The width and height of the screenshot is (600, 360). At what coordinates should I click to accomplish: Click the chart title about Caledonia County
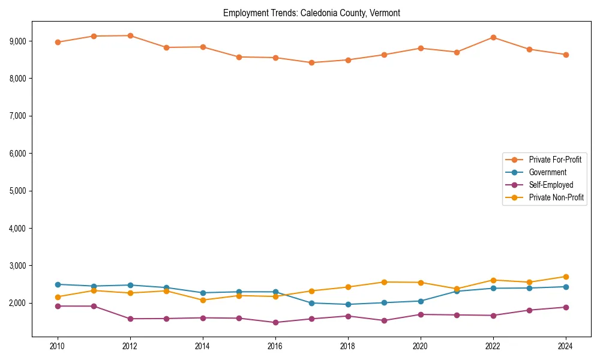(311, 13)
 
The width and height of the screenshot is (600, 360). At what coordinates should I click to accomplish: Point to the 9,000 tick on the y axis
(17, 41)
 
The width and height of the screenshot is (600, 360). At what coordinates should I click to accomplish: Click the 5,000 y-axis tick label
(17, 191)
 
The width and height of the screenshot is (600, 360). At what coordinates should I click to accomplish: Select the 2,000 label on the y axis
(17, 303)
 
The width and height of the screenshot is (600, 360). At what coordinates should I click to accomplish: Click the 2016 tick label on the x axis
(275, 346)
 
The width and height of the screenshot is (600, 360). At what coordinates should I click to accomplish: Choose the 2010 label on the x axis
(58, 346)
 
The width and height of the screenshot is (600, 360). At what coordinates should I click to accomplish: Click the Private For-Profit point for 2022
(493, 37)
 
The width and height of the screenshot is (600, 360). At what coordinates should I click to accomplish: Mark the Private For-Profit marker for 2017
(311, 62)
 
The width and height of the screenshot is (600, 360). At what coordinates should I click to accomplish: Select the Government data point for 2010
(58, 284)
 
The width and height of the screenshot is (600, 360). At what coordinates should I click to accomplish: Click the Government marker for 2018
(348, 304)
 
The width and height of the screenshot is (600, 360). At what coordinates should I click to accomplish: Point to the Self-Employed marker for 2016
(275, 322)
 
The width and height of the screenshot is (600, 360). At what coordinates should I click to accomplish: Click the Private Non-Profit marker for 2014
(203, 300)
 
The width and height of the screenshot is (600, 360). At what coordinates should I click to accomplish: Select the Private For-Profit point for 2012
(130, 35)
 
